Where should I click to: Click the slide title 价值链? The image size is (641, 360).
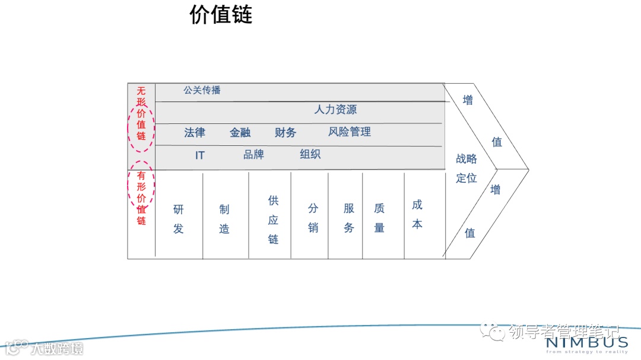221,15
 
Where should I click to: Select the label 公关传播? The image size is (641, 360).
202,91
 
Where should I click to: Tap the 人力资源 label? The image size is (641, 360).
335,110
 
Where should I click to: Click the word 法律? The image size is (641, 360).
195,132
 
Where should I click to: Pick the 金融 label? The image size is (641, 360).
240,132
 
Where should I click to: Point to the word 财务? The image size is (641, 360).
285,132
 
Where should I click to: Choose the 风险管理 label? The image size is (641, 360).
350,132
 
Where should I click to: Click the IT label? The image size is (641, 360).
200,155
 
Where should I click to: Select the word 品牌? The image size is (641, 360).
253,155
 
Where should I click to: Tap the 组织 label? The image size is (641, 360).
310,155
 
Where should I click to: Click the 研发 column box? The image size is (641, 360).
179,216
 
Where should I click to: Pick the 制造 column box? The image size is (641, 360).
225,216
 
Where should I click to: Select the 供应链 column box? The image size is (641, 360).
270,216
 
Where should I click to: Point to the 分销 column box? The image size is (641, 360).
310,216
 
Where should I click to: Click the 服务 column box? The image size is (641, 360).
345,216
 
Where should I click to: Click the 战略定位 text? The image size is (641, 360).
467,168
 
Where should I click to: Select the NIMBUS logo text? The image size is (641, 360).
586,342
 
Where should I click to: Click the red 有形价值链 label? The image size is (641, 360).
141,198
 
